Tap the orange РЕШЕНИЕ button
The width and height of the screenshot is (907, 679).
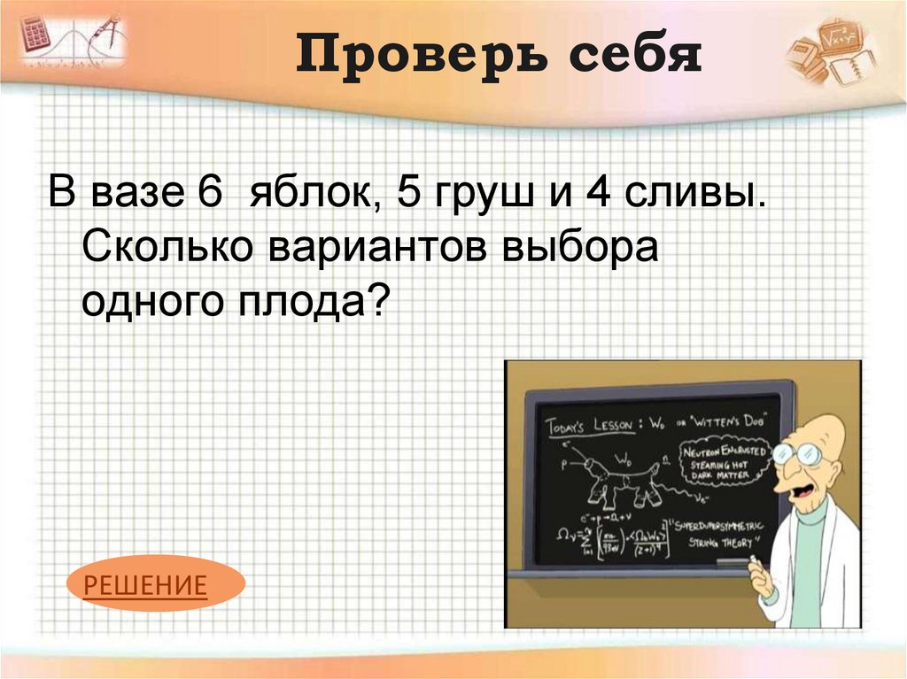145,584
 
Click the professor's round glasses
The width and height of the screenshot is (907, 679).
796,455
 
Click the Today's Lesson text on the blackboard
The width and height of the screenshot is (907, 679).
588,426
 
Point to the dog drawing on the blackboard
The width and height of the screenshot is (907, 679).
620,478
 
